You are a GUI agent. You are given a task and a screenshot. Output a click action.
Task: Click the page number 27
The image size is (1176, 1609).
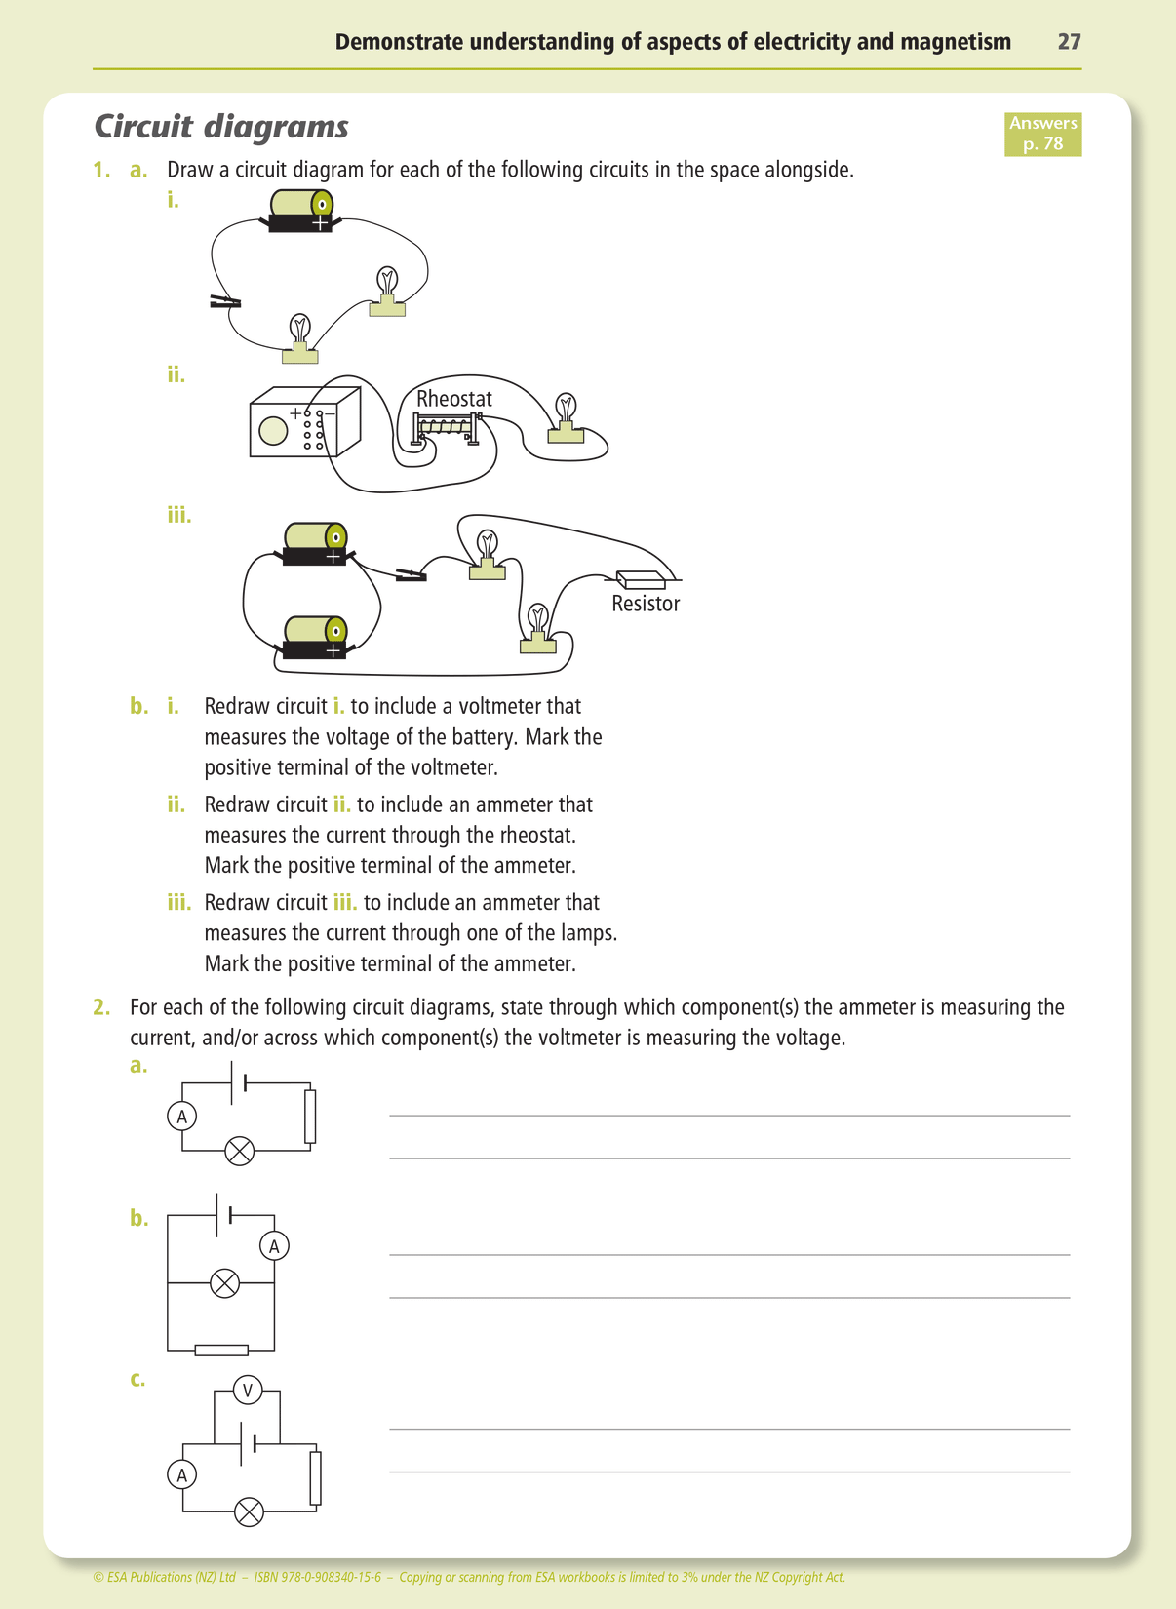coord(1069,42)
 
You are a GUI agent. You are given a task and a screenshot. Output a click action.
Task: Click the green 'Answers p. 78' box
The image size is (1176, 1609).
coord(1042,134)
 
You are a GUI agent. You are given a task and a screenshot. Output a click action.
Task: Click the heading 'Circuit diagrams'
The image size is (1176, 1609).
coord(221,127)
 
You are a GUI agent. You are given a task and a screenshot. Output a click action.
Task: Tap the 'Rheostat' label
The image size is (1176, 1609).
coord(453,399)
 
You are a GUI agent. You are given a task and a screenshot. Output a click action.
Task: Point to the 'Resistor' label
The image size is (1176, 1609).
coord(646,604)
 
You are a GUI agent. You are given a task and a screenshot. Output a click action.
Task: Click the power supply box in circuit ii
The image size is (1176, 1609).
coord(303,423)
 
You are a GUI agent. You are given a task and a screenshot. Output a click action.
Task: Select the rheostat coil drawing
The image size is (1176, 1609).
coord(447,426)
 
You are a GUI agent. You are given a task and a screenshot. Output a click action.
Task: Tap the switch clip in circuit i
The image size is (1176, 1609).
coord(225,302)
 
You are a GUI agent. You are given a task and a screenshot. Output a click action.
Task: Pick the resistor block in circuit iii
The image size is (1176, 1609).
coord(641,579)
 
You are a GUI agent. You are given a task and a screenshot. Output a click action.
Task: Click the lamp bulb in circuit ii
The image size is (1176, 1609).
coord(566,409)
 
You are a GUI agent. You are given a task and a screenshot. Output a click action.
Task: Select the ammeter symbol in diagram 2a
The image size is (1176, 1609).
coord(181,1117)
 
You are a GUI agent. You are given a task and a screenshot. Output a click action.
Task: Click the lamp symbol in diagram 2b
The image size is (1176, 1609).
coord(225,1282)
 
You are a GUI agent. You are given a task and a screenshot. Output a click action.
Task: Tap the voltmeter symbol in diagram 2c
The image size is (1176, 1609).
coord(248,1390)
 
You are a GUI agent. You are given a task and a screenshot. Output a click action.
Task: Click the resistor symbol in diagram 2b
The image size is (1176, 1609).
coord(221,1351)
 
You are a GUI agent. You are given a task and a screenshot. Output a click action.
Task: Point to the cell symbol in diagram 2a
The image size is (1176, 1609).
coord(238,1082)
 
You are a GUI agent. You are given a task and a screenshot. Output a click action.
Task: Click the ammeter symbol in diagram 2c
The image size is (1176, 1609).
coord(181,1475)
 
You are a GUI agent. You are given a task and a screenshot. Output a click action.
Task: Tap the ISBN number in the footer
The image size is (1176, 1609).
coord(317,1577)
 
